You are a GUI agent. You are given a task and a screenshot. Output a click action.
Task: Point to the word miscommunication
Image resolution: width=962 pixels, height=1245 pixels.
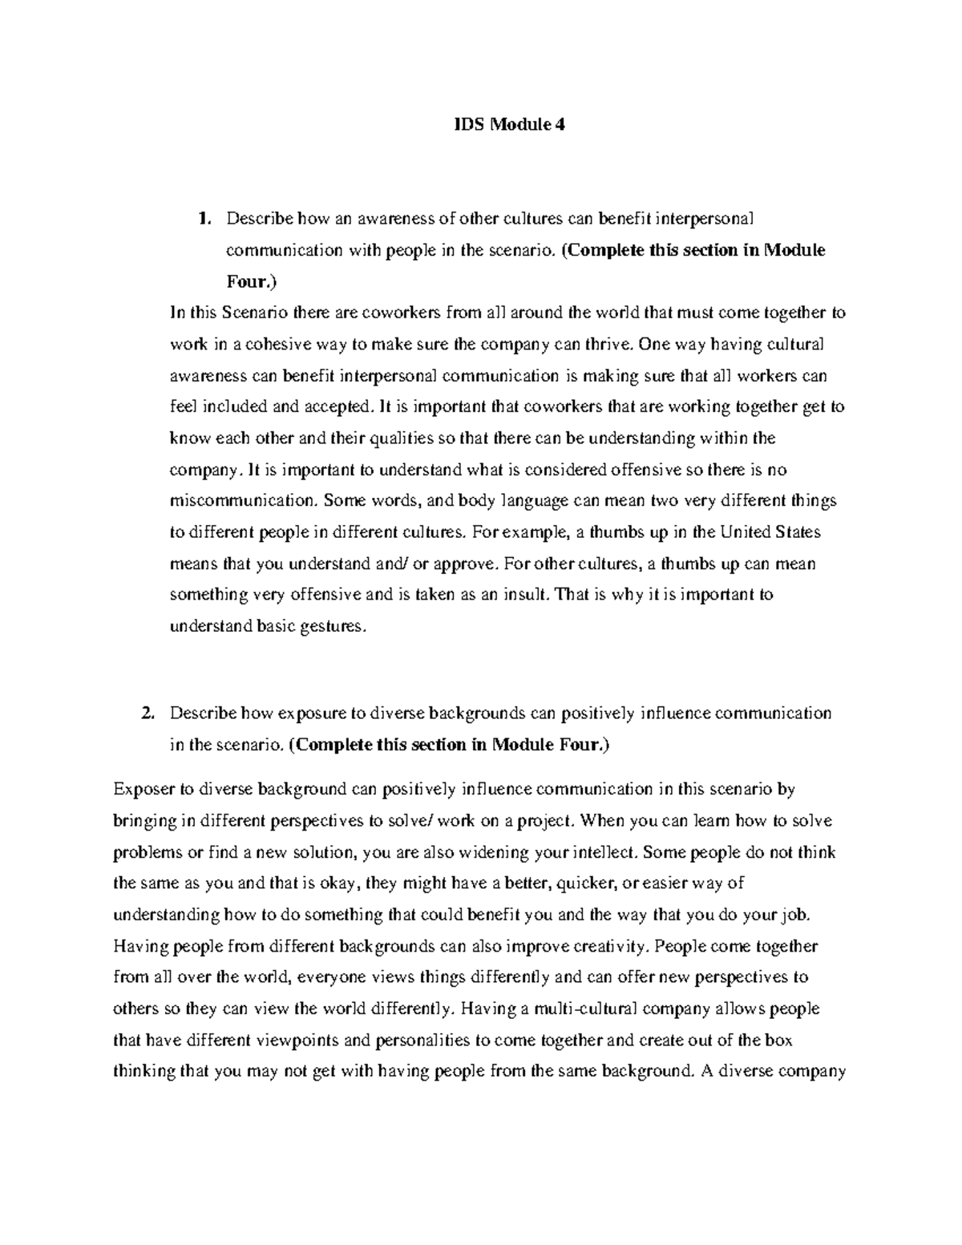click(x=242, y=501)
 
